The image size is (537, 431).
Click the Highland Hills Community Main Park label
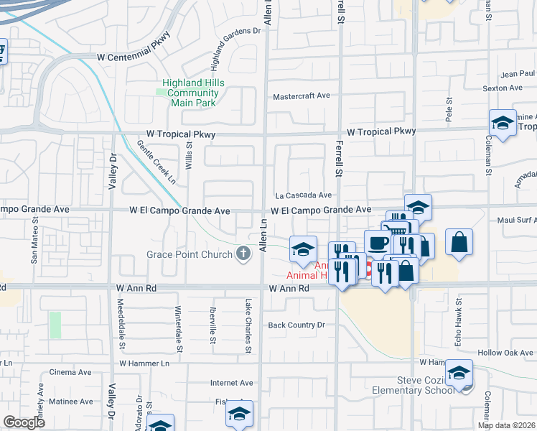point(193,93)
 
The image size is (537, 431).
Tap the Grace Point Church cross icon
point(244,254)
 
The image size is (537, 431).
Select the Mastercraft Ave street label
point(301,96)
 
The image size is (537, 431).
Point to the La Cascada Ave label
point(304,195)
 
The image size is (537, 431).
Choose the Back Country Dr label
point(296,325)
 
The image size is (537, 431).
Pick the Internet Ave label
point(232,383)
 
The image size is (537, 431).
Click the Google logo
point(24,422)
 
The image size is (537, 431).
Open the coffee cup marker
point(378,243)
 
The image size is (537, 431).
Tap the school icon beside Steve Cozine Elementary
point(459,373)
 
